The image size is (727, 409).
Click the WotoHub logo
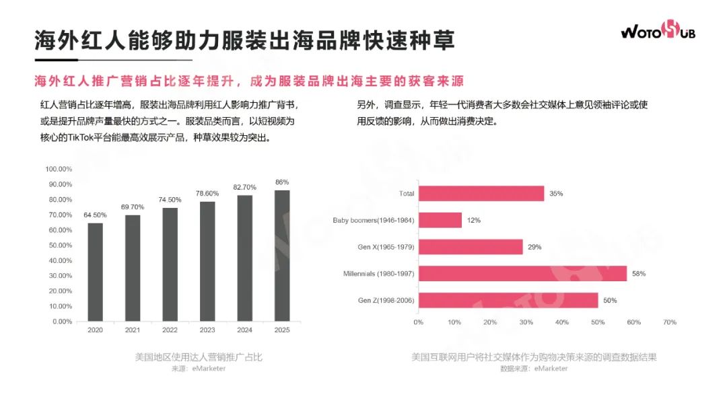[x=658, y=30]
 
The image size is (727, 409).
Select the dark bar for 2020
[x=96, y=272]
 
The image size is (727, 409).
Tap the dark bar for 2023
[x=207, y=261]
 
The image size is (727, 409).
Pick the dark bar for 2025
[x=282, y=256]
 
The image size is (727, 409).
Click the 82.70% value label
[x=245, y=186]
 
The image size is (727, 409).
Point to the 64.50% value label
[x=96, y=215]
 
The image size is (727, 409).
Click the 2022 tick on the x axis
[x=170, y=330]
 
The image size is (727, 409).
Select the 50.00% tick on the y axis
[x=59, y=245]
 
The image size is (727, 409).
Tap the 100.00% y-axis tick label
[x=59, y=169]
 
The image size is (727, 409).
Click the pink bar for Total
[x=481, y=193]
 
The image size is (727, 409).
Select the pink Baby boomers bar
[x=440, y=220]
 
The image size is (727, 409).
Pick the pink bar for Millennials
[x=522, y=274]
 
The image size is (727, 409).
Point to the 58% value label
[x=638, y=274]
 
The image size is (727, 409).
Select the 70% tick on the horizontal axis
[x=669, y=322]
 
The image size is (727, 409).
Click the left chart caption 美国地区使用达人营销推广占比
[x=198, y=357]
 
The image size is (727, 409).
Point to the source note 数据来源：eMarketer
[x=534, y=369]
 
